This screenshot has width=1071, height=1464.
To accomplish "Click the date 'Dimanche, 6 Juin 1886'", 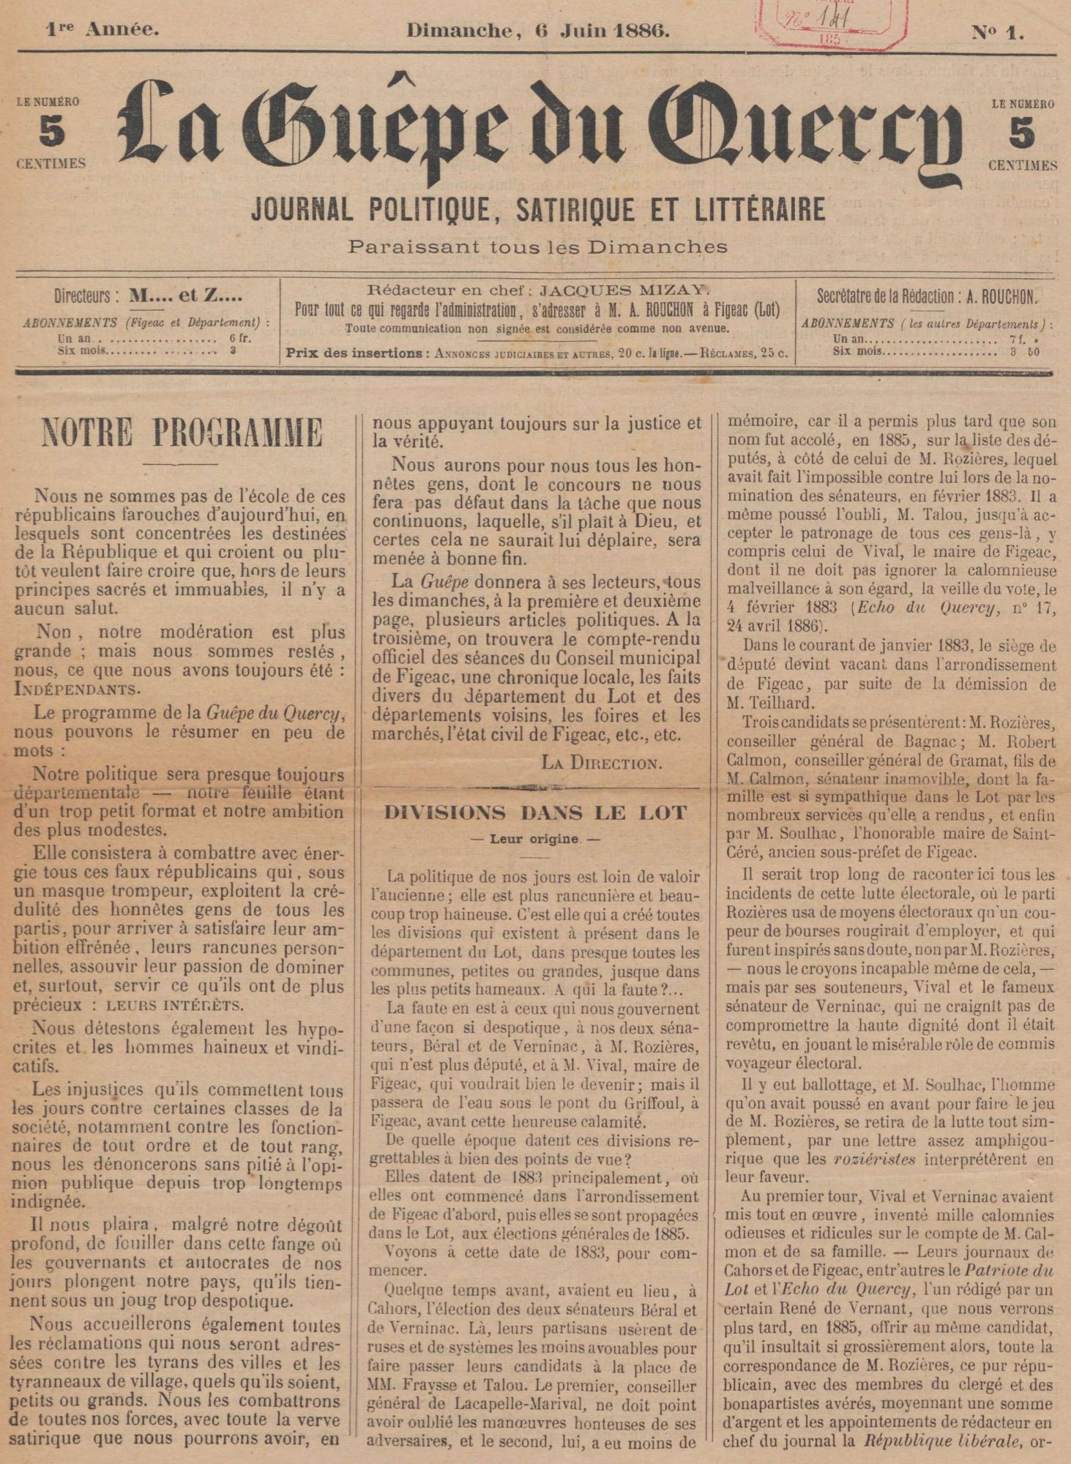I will tap(538, 31).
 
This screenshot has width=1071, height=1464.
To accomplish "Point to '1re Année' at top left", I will tap(102, 30).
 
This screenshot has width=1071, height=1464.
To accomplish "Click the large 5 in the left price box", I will tap(51, 133).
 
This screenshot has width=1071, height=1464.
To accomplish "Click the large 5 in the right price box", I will tap(1022, 133).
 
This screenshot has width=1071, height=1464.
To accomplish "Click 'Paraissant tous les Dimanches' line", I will tap(538, 246).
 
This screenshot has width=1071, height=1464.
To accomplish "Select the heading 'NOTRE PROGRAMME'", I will tap(182, 432).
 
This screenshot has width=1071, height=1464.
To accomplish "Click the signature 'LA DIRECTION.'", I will tap(601, 762).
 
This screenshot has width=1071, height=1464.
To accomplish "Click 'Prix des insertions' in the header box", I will tap(355, 354).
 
